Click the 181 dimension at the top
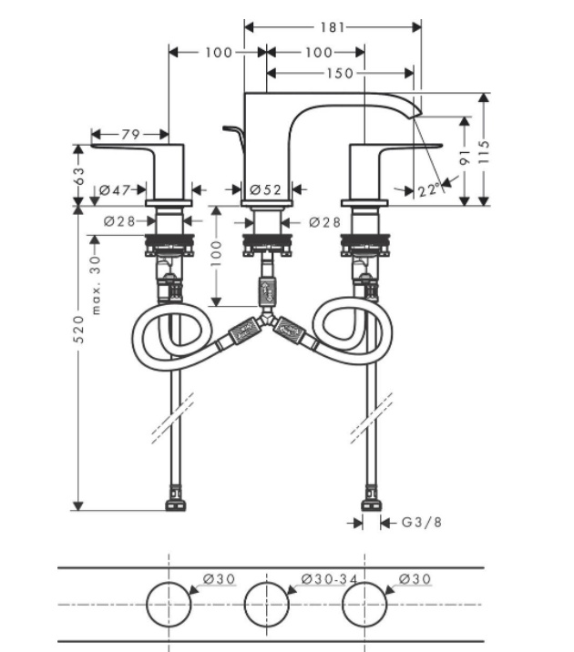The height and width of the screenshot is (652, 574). [334, 27]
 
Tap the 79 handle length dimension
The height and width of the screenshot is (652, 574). [130, 135]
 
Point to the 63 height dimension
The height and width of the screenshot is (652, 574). [79, 172]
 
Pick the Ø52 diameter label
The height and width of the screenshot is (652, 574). [266, 190]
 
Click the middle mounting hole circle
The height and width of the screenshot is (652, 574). [266, 605]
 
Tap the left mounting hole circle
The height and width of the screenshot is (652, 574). [169, 605]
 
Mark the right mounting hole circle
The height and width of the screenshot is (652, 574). [364, 605]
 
